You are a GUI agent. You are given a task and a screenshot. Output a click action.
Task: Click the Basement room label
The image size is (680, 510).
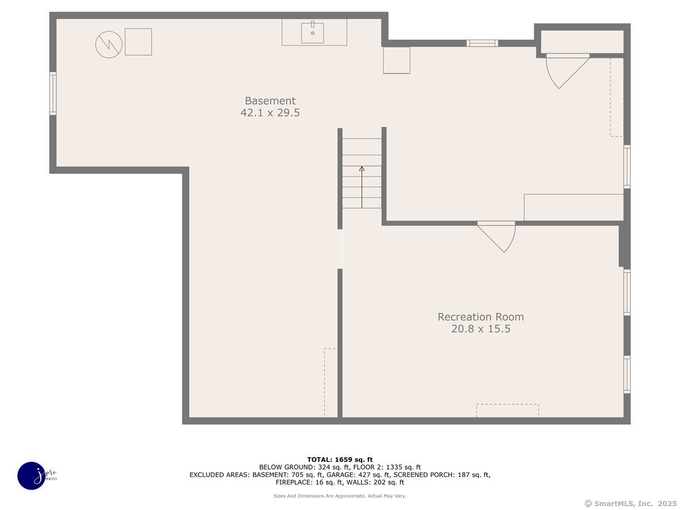click(x=270, y=101)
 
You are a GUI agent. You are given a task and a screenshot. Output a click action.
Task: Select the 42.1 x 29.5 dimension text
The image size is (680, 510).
click(x=270, y=112)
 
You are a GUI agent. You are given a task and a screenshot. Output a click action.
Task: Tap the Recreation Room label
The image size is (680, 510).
click(x=481, y=317)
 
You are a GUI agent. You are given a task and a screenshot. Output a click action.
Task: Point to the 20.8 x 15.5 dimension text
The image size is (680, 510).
click(x=481, y=329)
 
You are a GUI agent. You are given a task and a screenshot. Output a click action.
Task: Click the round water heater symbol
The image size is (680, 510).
click(x=109, y=45)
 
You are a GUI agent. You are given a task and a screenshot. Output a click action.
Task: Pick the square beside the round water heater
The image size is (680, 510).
click(x=138, y=42)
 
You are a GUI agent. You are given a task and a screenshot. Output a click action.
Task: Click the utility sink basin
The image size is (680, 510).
click(x=313, y=32)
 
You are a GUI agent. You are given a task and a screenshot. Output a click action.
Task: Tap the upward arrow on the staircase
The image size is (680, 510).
click(x=362, y=187)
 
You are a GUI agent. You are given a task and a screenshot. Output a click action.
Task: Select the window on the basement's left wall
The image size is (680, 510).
click(x=53, y=93)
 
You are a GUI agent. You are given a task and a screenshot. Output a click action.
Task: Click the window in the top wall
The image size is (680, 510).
click(x=482, y=44)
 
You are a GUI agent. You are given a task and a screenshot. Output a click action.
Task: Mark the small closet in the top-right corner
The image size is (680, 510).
click(x=582, y=42)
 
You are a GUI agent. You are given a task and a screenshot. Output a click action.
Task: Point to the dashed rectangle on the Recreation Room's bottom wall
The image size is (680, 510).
click(x=507, y=411)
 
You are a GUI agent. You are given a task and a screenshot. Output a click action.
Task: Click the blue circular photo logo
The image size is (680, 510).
click(x=32, y=476)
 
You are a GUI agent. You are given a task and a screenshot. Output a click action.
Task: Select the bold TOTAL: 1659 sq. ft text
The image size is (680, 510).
click(x=340, y=460)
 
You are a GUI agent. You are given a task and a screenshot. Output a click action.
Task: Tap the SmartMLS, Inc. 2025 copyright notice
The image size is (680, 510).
click(x=631, y=504)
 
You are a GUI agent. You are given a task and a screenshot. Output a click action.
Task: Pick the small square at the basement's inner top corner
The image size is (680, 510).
click(x=397, y=61)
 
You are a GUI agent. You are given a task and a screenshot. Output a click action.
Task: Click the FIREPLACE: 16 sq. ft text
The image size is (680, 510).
click(x=309, y=482)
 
